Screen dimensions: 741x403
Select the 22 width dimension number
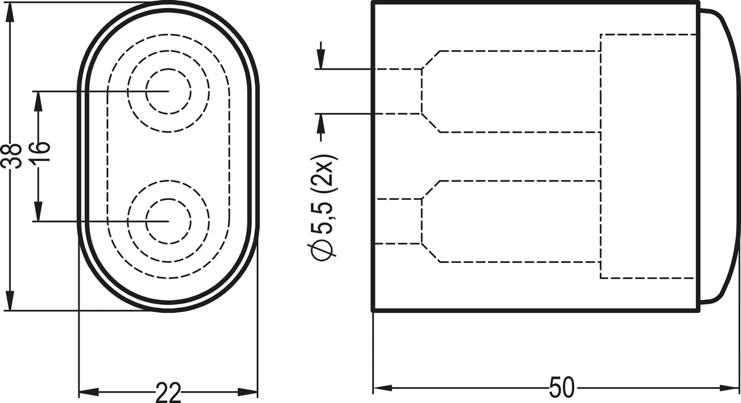[169, 393]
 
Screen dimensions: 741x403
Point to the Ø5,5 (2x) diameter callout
[322, 207]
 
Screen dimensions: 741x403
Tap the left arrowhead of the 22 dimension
[89, 393]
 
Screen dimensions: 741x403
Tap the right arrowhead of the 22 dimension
[248, 393]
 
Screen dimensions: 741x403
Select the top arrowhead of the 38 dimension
[10, 12]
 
